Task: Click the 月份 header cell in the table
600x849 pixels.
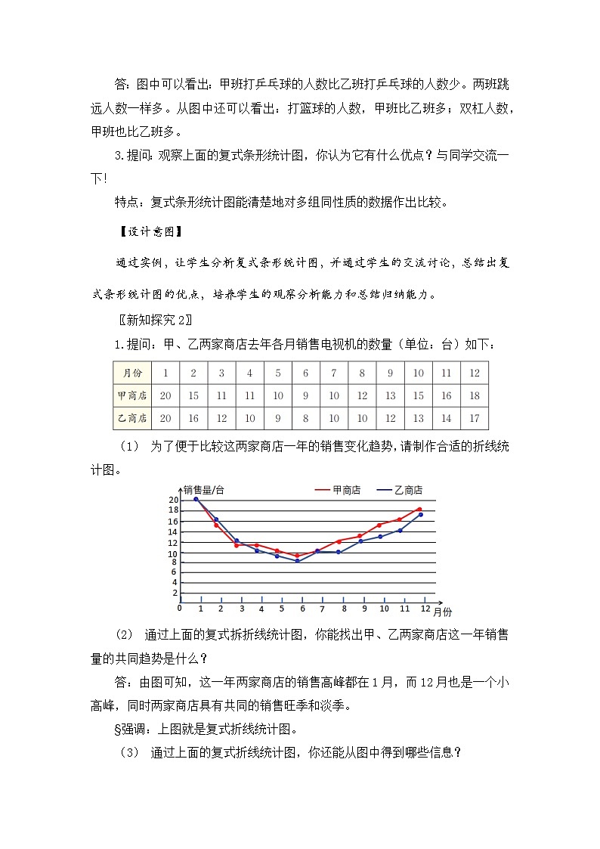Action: tap(131, 373)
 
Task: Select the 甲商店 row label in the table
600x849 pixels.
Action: tap(131, 395)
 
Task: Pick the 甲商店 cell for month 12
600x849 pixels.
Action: tap(475, 395)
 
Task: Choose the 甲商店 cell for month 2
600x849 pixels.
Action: tap(193, 395)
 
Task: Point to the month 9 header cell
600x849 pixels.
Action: tap(390, 373)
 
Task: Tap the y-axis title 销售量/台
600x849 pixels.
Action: tap(204, 490)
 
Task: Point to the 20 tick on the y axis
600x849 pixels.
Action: tap(173, 500)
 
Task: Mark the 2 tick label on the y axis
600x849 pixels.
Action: tap(175, 593)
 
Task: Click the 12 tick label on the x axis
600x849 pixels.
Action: tap(425, 609)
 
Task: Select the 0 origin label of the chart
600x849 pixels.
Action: tap(179, 607)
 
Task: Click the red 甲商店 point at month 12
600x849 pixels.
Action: tap(419, 510)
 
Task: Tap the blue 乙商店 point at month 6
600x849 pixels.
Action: tap(298, 561)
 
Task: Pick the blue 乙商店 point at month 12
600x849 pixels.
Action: tap(420, 515)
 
